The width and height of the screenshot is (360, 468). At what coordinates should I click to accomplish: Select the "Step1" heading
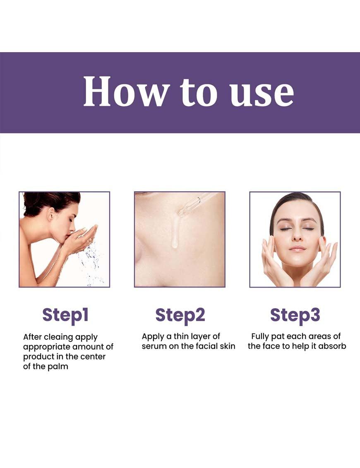point(65,315)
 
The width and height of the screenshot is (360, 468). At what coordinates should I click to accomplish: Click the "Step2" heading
point(180,315)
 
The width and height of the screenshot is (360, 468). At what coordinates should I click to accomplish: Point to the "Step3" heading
point(295,315)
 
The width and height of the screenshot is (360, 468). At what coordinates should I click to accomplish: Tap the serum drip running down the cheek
point(175,233)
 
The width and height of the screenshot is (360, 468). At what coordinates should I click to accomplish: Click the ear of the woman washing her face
point(51,214)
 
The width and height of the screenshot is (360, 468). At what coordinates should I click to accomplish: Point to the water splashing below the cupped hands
point(91,263)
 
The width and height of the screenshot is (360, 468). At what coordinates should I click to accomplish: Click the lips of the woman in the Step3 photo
point(298,249)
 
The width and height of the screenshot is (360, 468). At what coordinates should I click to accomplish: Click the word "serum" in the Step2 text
point(154,346)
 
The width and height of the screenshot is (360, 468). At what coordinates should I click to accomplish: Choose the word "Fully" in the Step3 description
point(260,337)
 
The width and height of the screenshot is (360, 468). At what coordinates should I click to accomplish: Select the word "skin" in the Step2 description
point(227,346)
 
